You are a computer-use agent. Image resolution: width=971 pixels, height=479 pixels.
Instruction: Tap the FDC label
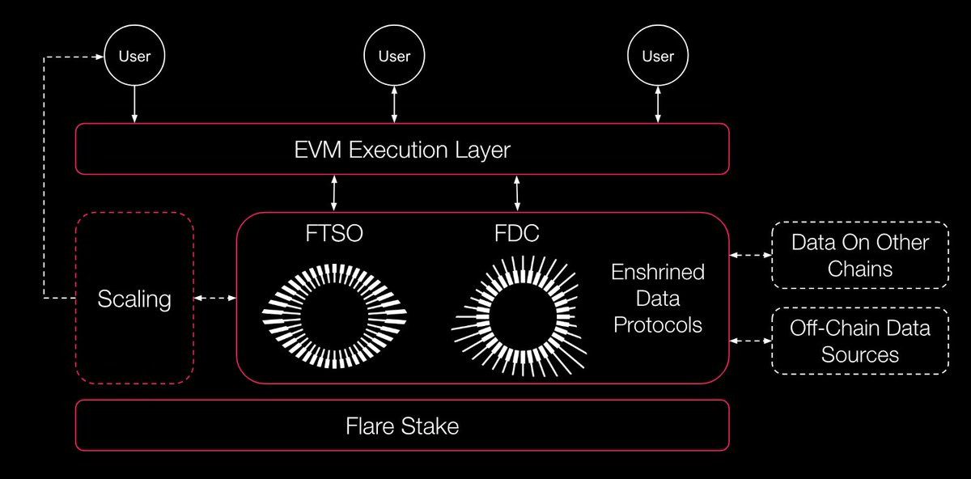(516, 235)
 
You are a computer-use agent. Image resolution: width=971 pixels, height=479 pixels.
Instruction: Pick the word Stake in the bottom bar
(430, 426)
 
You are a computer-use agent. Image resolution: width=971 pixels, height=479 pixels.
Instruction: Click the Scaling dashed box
(134, 299)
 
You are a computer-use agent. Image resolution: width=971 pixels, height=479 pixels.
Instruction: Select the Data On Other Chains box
(859, 255)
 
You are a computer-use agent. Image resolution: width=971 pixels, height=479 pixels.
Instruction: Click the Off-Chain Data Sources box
(859, 341)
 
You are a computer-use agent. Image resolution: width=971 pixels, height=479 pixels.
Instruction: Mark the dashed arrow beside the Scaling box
(215, 299)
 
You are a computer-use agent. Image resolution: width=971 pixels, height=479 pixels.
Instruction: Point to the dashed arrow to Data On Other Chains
(750, 255)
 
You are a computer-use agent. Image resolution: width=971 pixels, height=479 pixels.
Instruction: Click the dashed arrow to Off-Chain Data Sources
(750, 341)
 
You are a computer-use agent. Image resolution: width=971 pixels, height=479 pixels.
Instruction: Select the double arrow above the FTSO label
(333, 193)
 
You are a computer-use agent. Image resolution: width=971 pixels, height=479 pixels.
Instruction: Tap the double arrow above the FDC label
(516, 193)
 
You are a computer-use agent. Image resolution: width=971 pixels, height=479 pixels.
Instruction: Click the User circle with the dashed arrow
(134, 56)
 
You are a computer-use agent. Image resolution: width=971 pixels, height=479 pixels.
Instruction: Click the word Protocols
(658, 325)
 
